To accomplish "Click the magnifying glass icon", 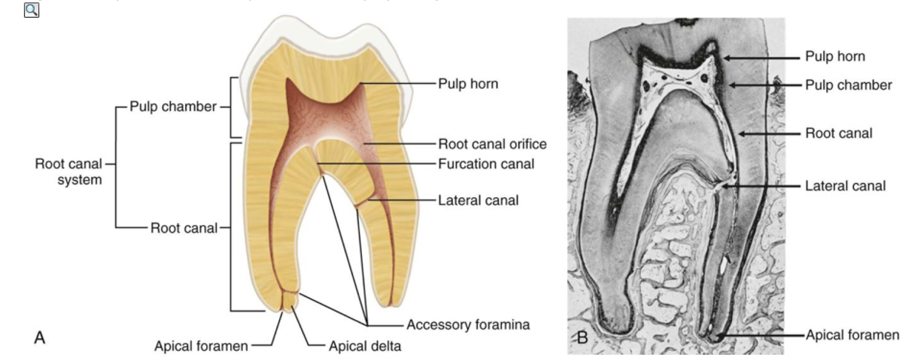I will [31, 10].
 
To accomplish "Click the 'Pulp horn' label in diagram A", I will [468, 84].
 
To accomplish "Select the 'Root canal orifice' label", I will [492, 144].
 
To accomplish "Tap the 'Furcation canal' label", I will [486, 164].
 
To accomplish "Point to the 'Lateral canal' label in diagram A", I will [478, 200].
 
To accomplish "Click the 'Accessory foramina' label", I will [468, 325].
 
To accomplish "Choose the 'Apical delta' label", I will [365, 346].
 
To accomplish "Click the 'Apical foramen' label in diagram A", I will [201, 346].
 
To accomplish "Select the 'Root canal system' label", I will [69, 171].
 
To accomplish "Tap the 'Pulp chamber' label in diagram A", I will [172, 107].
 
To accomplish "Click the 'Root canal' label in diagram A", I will [184, 228].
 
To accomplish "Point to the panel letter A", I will [39, 337].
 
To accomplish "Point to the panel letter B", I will [582, 337].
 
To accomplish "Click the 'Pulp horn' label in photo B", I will [835, 57].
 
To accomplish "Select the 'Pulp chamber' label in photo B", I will [848, 85].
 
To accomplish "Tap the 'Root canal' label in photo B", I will [838, 133].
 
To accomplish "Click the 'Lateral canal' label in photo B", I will [845, 186].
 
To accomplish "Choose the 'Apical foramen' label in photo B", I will [852, 335].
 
